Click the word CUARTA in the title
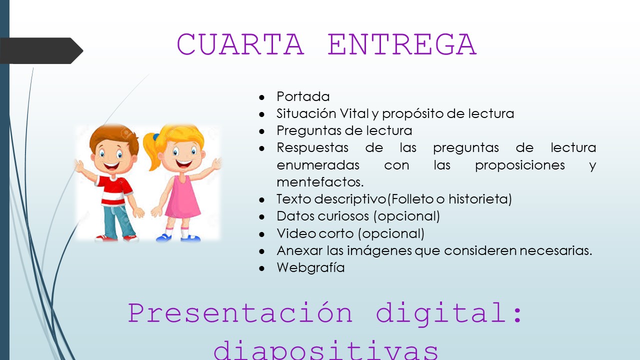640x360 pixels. [x=240, y=44]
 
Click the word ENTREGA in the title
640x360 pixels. [x=402, y=44]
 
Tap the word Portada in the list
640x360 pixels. [x=303, y=96]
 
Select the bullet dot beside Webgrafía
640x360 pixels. [x=261, y=268]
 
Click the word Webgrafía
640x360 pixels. [x=310, y=267]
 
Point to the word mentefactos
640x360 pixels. [x=320, y=182]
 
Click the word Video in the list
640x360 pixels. [x=295, y=233]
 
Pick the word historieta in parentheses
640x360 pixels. [x=480, y=199]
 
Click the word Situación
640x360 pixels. [x=306, y=113]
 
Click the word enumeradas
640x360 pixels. [x=318, y=165]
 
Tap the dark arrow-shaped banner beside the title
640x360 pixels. [x=41, y=50]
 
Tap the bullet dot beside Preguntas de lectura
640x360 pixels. [x=261, y=131]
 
